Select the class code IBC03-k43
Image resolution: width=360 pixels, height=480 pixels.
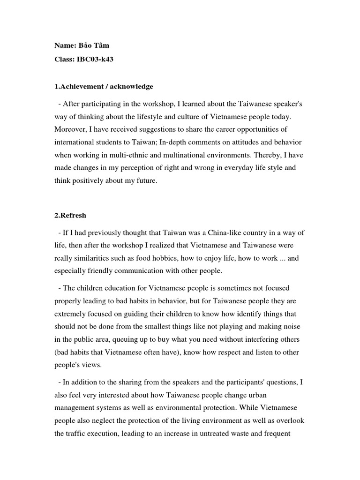pos(94,60)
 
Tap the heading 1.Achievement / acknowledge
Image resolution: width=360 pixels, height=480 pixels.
pos(104,86)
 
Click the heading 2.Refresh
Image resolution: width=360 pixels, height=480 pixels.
pos(70,216)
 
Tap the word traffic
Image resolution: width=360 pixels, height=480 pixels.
pos(80,434)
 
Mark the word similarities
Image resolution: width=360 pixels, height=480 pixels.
pos(94,258)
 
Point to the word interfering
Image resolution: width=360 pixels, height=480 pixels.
pos(270,339)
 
